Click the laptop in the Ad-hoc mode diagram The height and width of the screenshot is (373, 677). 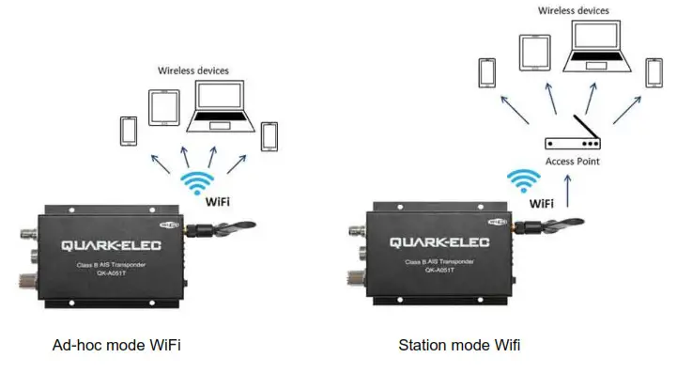pos(216,105)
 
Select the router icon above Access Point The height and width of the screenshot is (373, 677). pos(572,141)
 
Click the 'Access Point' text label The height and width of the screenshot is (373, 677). pos(573,162)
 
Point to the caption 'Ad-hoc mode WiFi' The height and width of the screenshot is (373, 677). pos(115,345)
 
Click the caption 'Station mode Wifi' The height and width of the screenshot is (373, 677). pos(460,345)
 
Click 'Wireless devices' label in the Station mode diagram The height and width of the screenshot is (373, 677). pos(573,10)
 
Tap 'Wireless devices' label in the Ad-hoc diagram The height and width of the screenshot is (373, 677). pos(193,70)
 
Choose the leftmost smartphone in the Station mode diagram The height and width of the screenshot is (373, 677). pos(486,72)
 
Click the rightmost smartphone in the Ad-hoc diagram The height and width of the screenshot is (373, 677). pos(270,135)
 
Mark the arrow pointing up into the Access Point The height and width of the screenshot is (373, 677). pos(572,188)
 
